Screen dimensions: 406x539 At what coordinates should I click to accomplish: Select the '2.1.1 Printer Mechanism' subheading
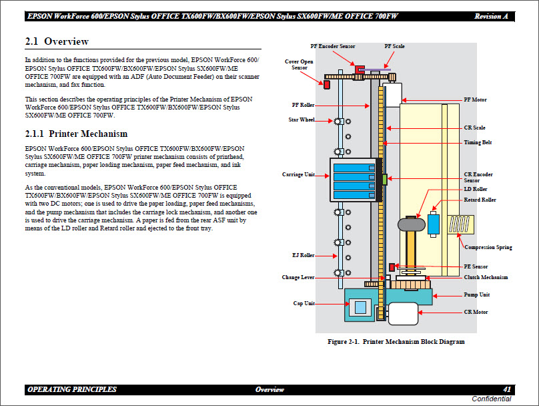point(75,133)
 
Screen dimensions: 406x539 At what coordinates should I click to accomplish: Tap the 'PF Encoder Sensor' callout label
point(332,46)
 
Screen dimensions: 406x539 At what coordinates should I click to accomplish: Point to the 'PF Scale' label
point(394,46)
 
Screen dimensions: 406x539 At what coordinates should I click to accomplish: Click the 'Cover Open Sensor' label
point(300,65)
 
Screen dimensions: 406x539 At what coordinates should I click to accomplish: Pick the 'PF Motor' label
point(475,99)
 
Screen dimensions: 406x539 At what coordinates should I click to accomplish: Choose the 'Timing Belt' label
point(478,142)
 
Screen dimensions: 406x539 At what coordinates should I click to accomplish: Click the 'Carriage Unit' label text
point(298,175)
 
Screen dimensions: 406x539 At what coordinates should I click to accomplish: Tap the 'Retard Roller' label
point(480,200)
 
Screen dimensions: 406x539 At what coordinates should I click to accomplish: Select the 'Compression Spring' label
point(488,247)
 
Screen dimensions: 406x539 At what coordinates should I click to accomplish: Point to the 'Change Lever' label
point(298,277)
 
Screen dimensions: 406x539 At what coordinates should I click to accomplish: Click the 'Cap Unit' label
point(304,303)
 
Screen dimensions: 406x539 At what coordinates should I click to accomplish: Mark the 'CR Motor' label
point(476,312)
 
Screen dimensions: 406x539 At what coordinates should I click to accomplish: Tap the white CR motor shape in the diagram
point(403,313)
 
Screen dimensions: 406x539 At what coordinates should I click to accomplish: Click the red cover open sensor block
point(328,85)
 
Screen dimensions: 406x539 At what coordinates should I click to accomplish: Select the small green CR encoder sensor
point(384,179)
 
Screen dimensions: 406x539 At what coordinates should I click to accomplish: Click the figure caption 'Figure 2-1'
point(396,342)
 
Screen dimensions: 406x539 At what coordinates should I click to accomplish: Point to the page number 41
point(507,389)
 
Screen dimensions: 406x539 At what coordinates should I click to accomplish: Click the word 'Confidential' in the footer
point(492,399)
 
